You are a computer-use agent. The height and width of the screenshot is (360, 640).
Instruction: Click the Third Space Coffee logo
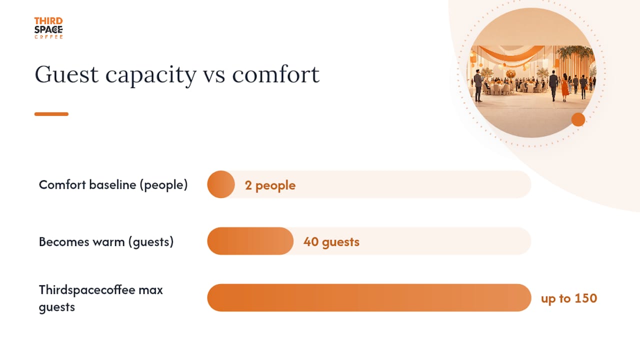pyautogui.click(x=48, y=28)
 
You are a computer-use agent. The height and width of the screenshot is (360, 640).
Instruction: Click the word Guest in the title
pyautogui.click(x=66, y=74)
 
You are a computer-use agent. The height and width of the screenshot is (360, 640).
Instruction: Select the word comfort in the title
pyautogui.click(x=275, y=74)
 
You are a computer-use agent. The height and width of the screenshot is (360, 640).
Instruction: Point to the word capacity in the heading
pyautogui.click(x=151, y=75)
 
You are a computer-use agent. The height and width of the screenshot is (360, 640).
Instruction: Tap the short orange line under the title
pyautogui.click(x=51, y=114)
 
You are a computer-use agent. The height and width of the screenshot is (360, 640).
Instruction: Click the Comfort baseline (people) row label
pyautogui.click(x=113, y=185)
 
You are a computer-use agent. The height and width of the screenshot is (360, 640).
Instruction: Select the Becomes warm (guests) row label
pyautogui.click(x=106, y=242)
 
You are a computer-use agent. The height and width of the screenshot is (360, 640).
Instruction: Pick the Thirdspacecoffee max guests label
pyautogui.click(x=101, y=298)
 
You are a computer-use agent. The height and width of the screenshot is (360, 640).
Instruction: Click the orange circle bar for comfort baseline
pyautogui.click(x=221, y=184)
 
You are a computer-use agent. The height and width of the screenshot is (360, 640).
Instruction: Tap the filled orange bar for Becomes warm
pyautogui.click(x=250, y=241)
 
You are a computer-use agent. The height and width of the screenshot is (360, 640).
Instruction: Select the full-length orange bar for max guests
pyautogui.click(x=369, y=297)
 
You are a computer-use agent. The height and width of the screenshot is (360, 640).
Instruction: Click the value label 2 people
pyautogui.click(x=270, y=185)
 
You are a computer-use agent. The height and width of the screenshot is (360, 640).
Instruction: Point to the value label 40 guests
pyautogui.click(x=331, y=242)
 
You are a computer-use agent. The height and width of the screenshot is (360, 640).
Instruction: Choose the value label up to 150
pyautogui.click(x=569, y=298)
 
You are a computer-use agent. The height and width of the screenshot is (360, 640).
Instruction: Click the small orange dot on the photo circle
pyautogui.click(x=578, y=119)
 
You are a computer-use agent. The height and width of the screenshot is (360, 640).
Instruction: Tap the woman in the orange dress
pyautogui.click(x=565, y=87)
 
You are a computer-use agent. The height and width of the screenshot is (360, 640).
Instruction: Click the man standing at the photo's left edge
pyautogui.click(x=478, y=85)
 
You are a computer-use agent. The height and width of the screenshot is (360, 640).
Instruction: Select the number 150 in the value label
pyautogui.click(x=585, y=298)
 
